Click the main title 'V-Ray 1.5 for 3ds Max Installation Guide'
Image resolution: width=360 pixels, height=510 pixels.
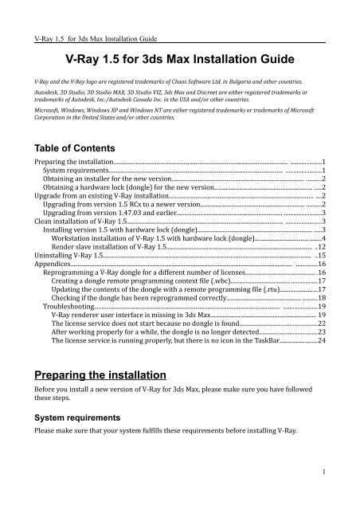[x=179, y=59]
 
